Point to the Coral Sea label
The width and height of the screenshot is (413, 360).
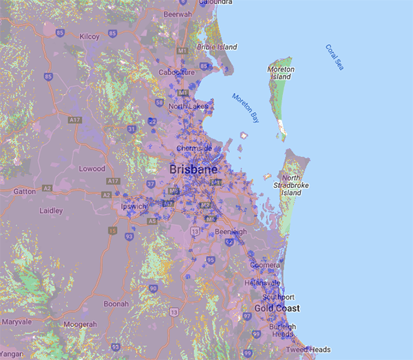pyautogui.click(x=335, y=57)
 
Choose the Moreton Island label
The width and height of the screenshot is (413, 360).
pyautogui.click(x=281, y=74)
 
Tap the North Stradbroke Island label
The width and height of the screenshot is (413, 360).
pyautogui.click(x=290, y=185)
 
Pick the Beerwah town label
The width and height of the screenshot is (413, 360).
pyautogui.click(x=178, y=14)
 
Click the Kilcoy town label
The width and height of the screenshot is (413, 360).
pyautogui.click(x=89, y=36)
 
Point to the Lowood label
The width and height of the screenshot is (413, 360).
pyautogui.click(x=92, y=169)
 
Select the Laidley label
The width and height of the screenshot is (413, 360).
pyautogui.click(x=51, y=211)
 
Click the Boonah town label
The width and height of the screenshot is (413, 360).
pyautogui.click(x=116, y=304)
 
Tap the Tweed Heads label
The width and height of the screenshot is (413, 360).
pyautogui.click(x=308, y=350)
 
